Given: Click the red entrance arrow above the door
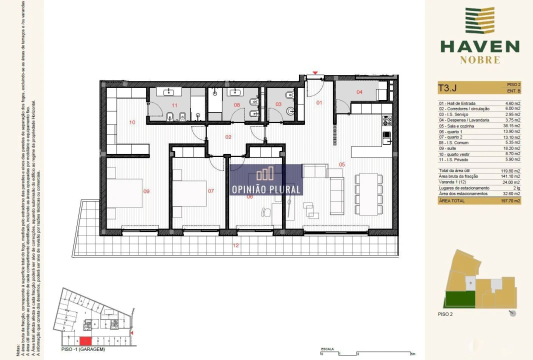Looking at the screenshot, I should coord(315,73).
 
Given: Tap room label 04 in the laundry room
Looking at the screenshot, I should coord(359,92).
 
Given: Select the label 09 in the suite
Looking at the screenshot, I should coord(146,191).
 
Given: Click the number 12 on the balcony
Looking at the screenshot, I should coord(236,245).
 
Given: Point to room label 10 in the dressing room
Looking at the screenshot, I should coord(132,122).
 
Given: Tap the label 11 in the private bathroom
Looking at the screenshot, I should coord(174,105).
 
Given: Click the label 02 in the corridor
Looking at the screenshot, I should coord(227,136).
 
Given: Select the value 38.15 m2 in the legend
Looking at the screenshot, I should coord(510,126).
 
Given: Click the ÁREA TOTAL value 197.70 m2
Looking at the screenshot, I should coord(510,200).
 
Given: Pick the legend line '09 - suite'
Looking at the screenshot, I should coord(449,148).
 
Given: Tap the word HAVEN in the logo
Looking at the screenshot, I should coord(479,47).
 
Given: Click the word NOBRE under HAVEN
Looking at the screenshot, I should coord(479,60).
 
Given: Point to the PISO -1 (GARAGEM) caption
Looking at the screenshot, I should coord(83,349).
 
